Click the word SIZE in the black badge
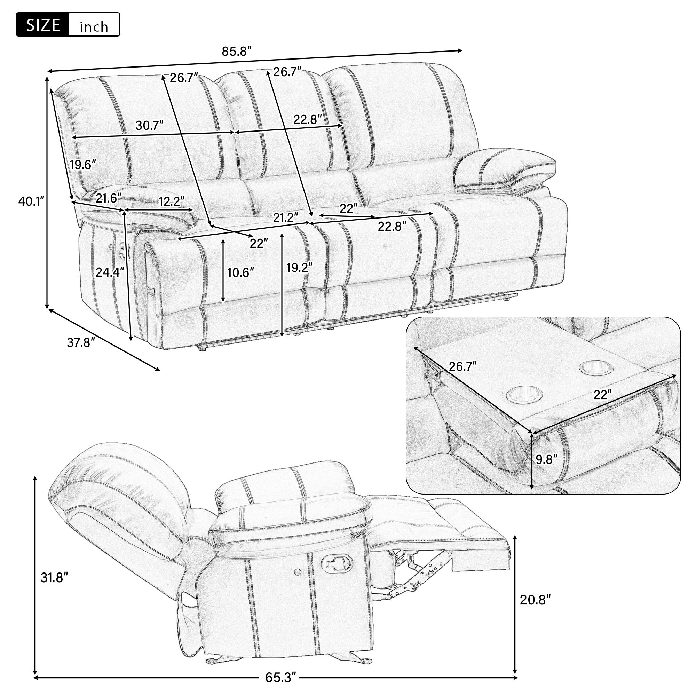[43, 25]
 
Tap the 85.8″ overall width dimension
[236, 52]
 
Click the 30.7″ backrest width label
[150, 125]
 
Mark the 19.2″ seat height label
[299, 267]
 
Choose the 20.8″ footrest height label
[535, 600]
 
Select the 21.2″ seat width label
[286, 217]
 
